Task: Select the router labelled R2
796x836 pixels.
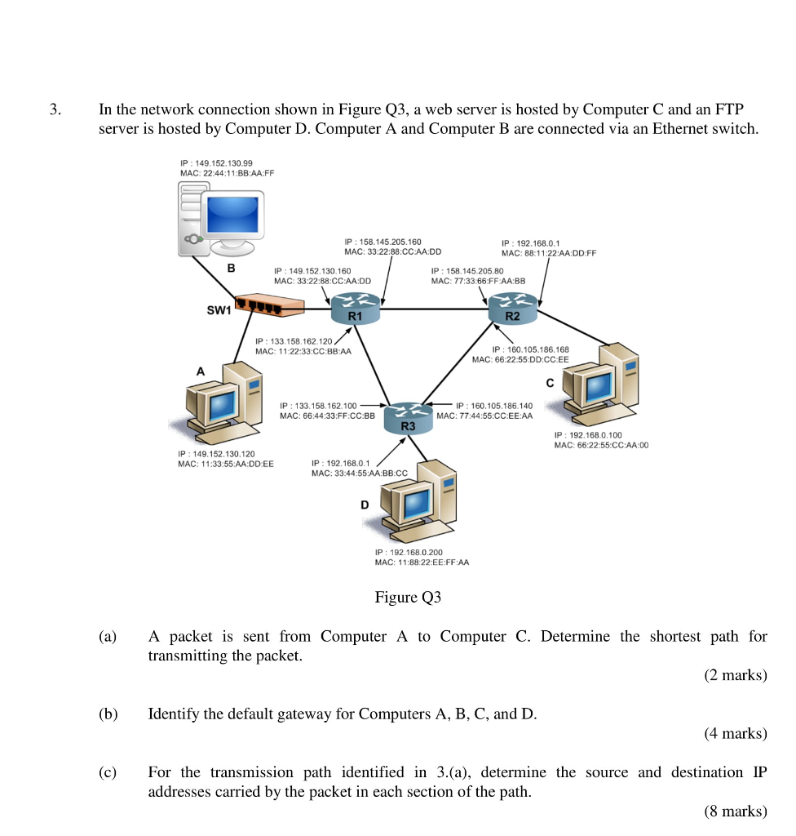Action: click(x=512, y=309)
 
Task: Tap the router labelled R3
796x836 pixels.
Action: click(x=409, y=416)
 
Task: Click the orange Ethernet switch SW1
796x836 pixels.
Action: click(x=268, y=306)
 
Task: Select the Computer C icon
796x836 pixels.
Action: click(x=604, y=383)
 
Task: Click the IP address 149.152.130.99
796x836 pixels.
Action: click(x=215, y=163)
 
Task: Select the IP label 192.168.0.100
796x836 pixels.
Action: click(x=587, y=435)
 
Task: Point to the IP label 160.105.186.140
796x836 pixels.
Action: click(x=494, y=405)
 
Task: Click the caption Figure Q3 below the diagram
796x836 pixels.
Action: click(x=408, y=598)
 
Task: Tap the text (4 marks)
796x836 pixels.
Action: click(x=735, y=733)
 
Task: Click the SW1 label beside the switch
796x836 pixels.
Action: click(x=219, y=309)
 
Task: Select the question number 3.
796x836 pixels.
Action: click(x=54, y=109)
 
